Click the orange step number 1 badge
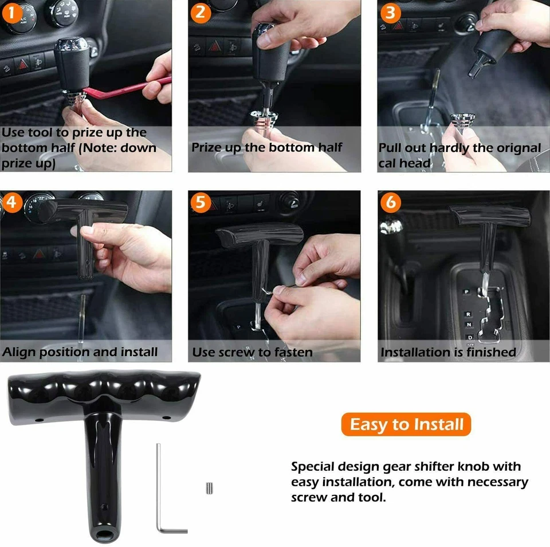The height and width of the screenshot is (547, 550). coord(12,11)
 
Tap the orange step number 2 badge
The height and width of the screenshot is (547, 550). coord(200,11)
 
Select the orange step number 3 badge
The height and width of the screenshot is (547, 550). coord(390,11)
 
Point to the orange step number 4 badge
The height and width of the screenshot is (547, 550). coord(12,202)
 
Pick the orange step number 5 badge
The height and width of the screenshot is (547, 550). coord(201,202)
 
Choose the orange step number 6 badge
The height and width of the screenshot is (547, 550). coord(391,202)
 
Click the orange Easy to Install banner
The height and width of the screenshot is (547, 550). coord(406,425)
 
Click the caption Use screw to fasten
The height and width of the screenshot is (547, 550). coord(252,352)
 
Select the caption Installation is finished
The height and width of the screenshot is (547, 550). coord(448,352)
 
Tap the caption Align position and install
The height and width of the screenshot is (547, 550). coord(80,352)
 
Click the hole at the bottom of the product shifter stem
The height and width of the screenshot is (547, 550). coord(105,536)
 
